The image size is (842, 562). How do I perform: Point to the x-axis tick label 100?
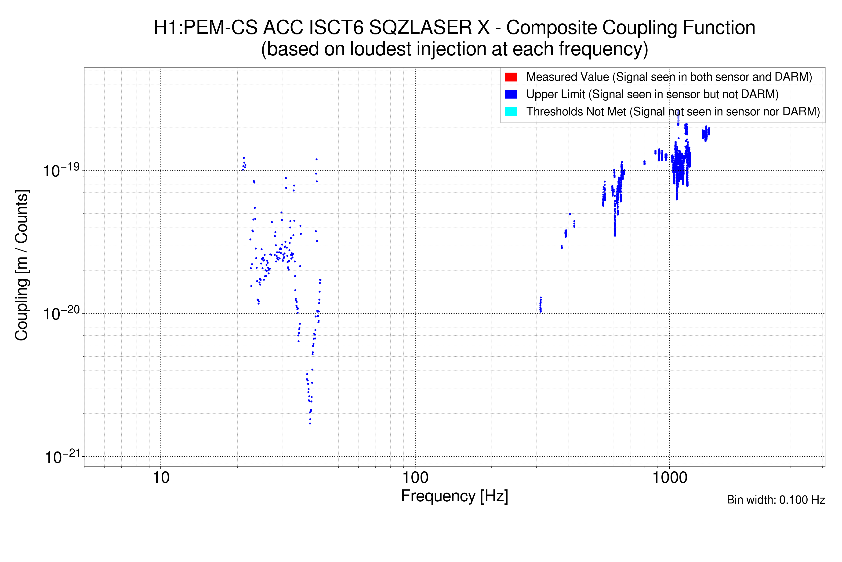[415, 478]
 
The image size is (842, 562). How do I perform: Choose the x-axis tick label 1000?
[669, 478]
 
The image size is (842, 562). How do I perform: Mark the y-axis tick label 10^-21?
[62, 457]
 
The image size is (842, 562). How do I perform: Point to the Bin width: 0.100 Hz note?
[775, 500]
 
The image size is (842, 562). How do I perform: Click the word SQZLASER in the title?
[429, 28]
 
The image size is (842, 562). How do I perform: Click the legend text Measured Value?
[567, 77]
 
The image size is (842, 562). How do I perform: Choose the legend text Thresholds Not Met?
[576, 111]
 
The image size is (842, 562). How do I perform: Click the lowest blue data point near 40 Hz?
[310, 424]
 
